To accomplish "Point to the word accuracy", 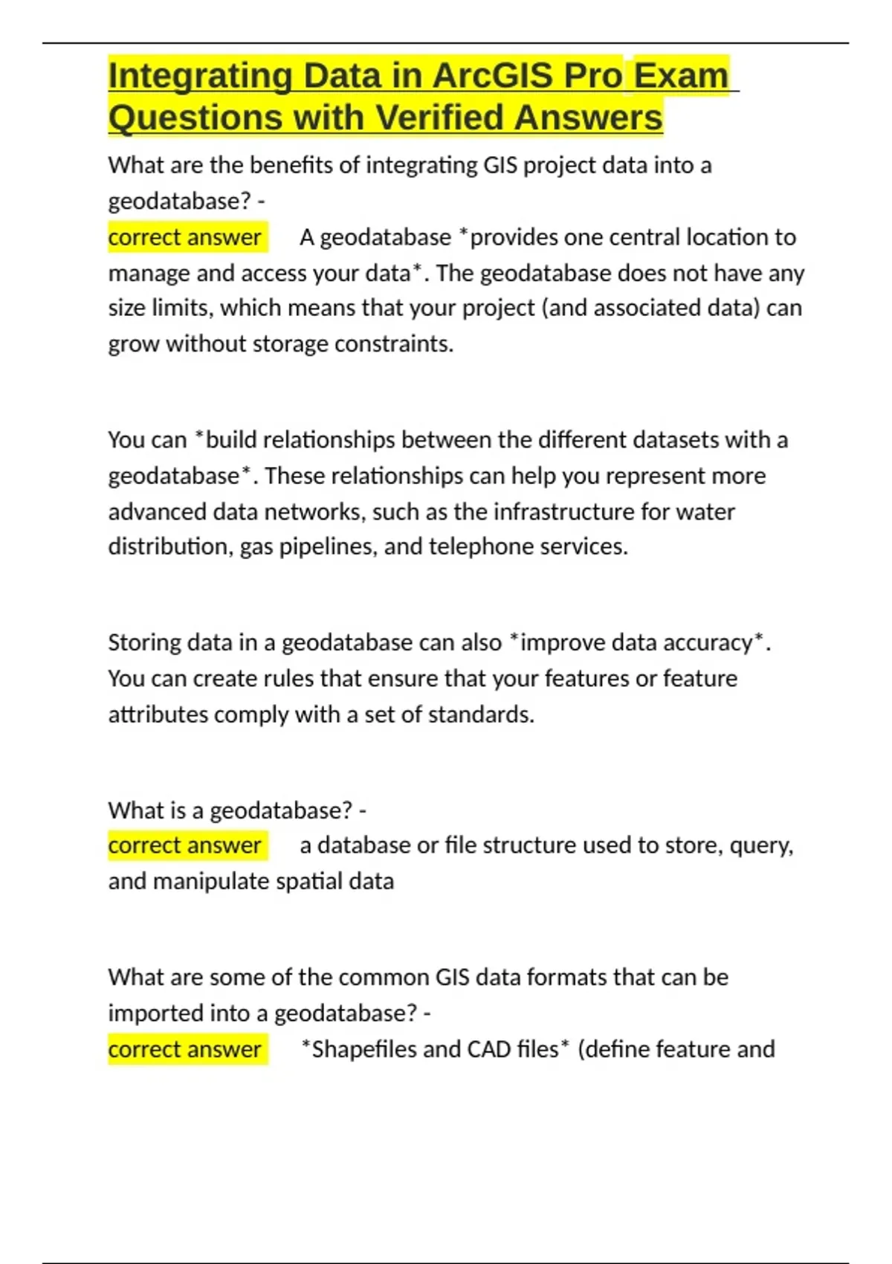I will pos(706,642).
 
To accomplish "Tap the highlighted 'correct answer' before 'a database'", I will pos(185,845).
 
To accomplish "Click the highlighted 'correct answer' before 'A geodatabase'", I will pos(185,237).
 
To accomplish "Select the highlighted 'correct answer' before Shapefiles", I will pos(185,1049).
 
